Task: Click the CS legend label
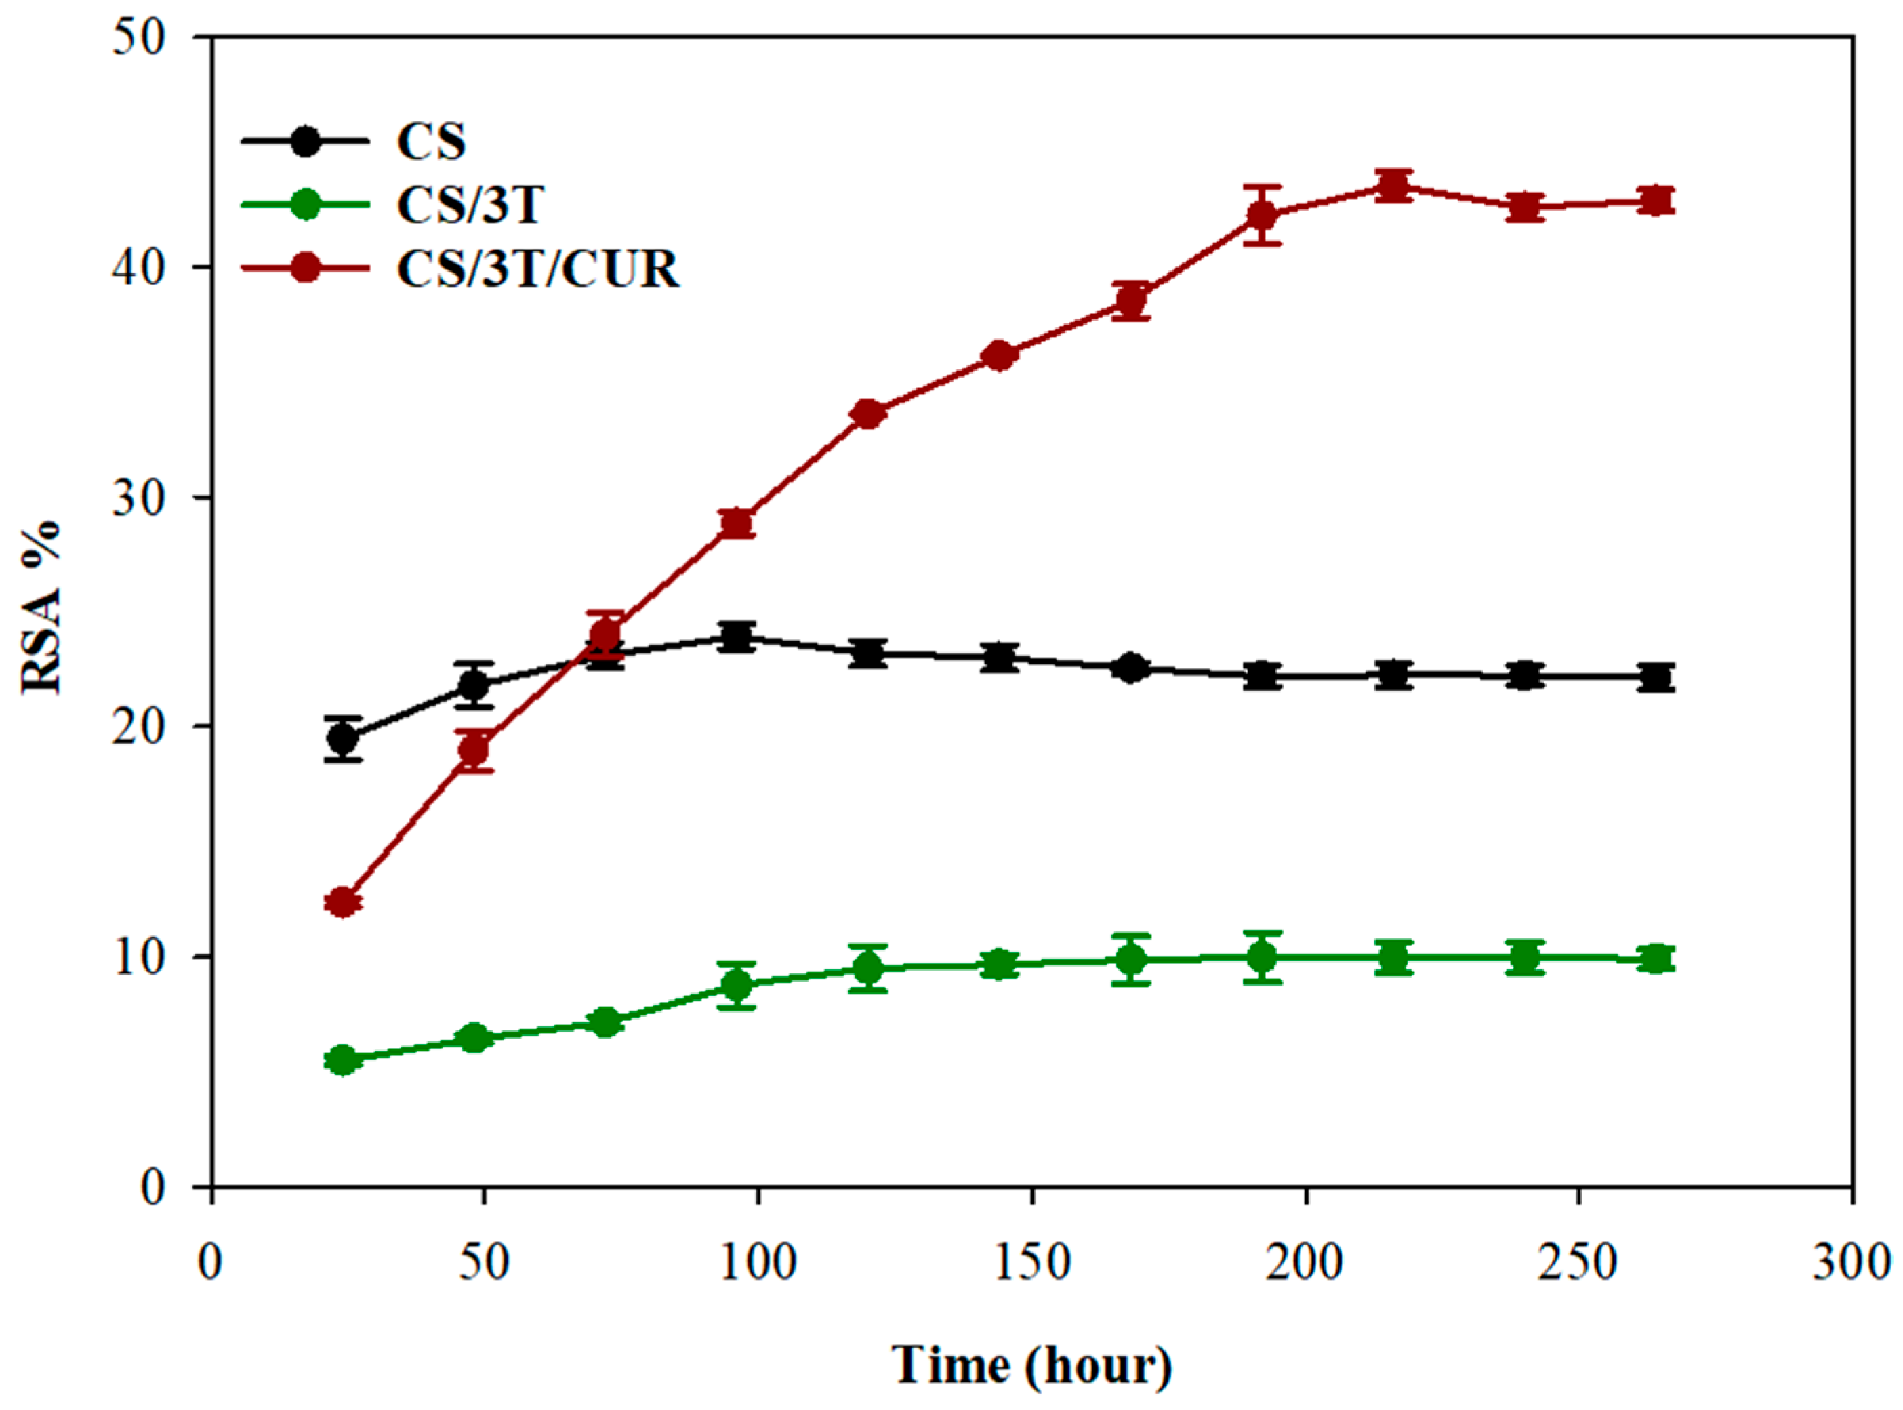(431, 142)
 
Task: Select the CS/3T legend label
(470, 205)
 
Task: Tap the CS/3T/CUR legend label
(537, 270)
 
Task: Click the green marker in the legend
(305, 205)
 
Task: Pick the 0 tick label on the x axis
(211, 1262)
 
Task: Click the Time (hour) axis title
(1031, 1364)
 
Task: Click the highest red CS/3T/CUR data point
(1393, 185)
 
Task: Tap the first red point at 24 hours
(343, 902)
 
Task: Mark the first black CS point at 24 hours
(343, 738)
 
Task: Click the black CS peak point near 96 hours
(737, 637)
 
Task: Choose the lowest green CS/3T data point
(343, 1060)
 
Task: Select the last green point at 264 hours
(1656, 959)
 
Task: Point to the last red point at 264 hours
(1656, 201)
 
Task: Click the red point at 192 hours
(1262, 215)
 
